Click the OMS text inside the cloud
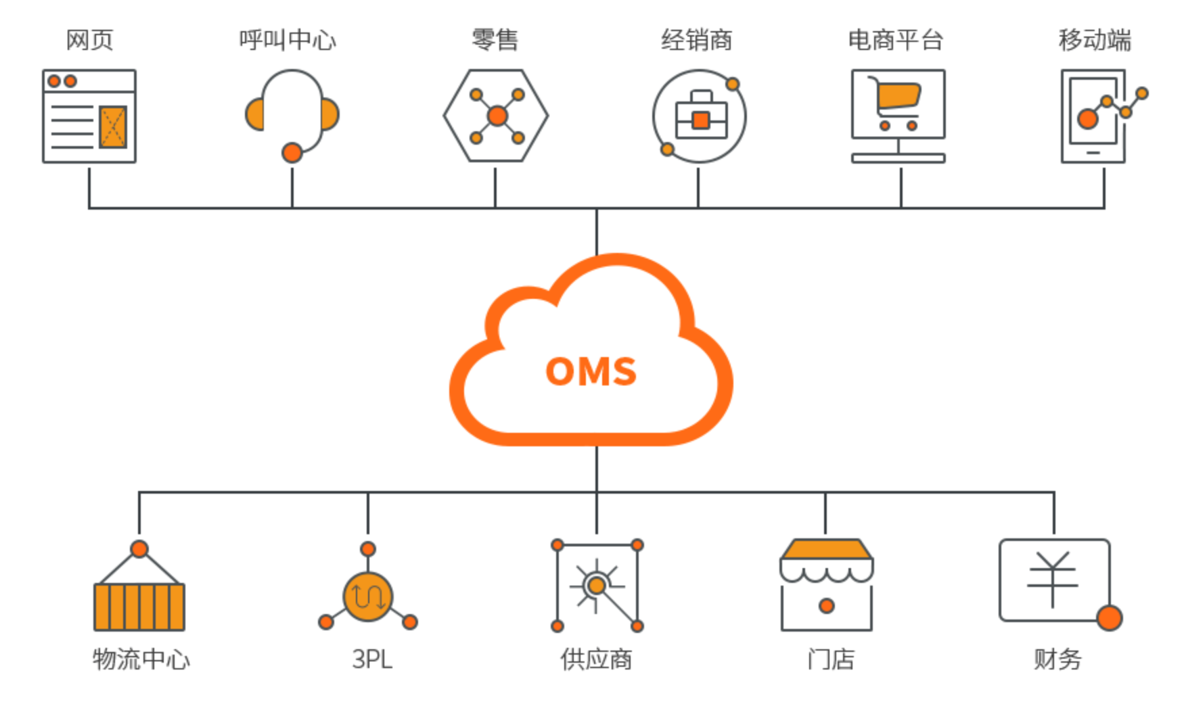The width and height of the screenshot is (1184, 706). pyautogui.click(x=591, y=371)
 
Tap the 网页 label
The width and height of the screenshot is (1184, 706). pyautogui.click(x=89, y=40)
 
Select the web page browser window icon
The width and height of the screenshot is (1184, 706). pyautogui.click(x=89, y=116)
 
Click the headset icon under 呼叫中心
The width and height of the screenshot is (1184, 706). pyautogui.click(x=292, y=112)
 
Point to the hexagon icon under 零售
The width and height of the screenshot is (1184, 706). pyautogui.click(x=496, y=116)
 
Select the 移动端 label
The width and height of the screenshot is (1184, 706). pyautogui.click(x=1095, y=40)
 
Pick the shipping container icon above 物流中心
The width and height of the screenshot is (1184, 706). pyautogui.click(x=139, y=605)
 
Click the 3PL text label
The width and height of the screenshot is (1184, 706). pyautogui.click(x=372, y=659)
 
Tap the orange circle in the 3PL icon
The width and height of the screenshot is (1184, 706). pyautogui.click(x=367, y=597)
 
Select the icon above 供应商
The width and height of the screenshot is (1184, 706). pyautogui.click(x=597, y=586)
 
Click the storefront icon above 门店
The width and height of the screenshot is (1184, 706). pyautogui.click(x=826, y=586)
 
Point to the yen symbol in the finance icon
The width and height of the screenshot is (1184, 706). pyautogui.click(x=1052, y=579)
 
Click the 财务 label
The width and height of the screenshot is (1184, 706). pyautogui.click(x=1057, y=659)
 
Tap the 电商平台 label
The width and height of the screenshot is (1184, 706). pyautogui.click(x=896, y=40)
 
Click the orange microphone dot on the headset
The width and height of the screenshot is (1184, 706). pyautogui.click(x=292, y=153)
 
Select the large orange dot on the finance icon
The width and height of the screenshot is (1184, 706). pyautogui.click(x=1110, y=617)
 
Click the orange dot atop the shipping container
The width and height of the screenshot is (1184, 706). pyautogui.click(x=139, y=548)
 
